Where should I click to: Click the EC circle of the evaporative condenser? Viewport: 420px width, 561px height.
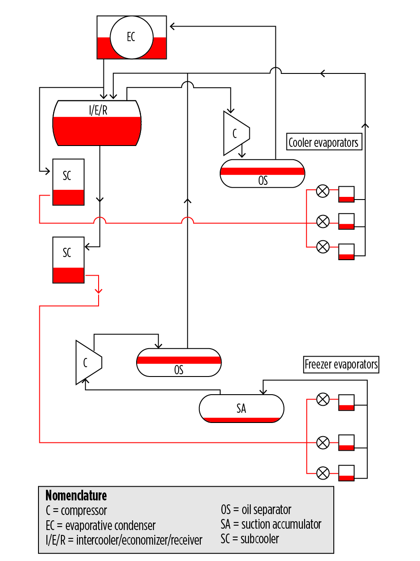pos(131,37)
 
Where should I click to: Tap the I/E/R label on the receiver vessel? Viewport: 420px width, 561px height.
pos(98,110)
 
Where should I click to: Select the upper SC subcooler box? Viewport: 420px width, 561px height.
pos(69,182)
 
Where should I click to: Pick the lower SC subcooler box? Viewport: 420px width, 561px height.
pos(69,260)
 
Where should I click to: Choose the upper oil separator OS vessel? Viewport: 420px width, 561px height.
pos(263,173)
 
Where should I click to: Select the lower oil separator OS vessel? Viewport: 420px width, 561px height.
pos(179,362)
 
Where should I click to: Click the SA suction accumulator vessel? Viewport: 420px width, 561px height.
pos(241,408)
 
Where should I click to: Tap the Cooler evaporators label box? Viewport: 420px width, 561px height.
pos(324,142)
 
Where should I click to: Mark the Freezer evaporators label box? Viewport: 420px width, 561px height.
pos(341,365)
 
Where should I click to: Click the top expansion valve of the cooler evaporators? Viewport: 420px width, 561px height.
pos(323,192)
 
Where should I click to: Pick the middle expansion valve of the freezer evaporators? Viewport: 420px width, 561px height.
pos(323,442)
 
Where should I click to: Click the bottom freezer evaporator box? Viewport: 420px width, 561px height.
pos(346,472)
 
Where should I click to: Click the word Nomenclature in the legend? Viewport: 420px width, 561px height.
pos(76,495)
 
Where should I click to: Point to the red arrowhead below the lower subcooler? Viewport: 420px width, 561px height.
pos(99,290)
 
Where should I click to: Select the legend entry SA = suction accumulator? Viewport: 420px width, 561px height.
pos(271,525)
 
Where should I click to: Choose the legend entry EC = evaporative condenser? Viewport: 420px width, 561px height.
pos(100,526)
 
